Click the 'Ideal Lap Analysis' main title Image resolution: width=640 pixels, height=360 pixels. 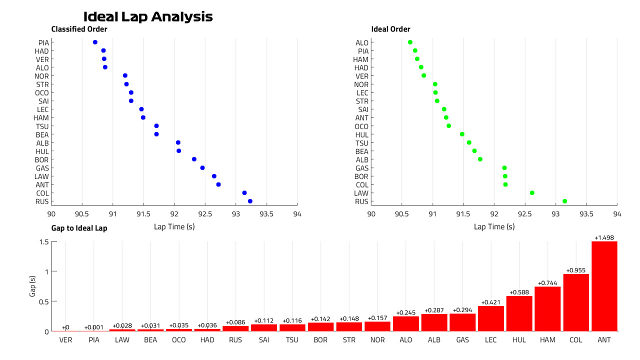[148, 17]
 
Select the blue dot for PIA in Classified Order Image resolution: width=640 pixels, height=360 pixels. [95, 42]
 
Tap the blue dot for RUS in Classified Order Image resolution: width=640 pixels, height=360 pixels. [250, 201]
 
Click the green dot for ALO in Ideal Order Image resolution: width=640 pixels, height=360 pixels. [410, 42]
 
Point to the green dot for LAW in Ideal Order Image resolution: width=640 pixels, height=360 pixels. [532, 193]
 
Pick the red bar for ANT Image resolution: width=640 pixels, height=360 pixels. [604, 286]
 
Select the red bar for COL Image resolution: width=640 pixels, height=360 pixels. [576, 302]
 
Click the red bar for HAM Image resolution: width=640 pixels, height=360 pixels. [547, 309]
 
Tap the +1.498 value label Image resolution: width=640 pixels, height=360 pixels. [604, 237]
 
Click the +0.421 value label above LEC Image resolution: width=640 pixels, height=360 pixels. [490, 302]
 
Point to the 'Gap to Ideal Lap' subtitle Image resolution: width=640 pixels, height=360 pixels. [79, 228]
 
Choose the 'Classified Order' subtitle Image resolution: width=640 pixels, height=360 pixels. [79, 29]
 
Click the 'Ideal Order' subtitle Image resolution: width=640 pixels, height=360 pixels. [390, 29]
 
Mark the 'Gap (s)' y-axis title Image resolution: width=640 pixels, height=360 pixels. [32, 286]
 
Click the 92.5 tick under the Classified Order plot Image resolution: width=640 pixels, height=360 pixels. [205, 214]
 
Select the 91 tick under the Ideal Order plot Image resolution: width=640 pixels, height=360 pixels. [432, 214]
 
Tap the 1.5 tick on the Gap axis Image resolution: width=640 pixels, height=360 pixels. [44, 242]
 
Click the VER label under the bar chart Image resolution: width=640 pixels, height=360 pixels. [65, 340]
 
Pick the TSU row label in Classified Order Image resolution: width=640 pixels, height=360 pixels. [42, 126]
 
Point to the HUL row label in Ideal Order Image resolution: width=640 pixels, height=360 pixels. [361, 134]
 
